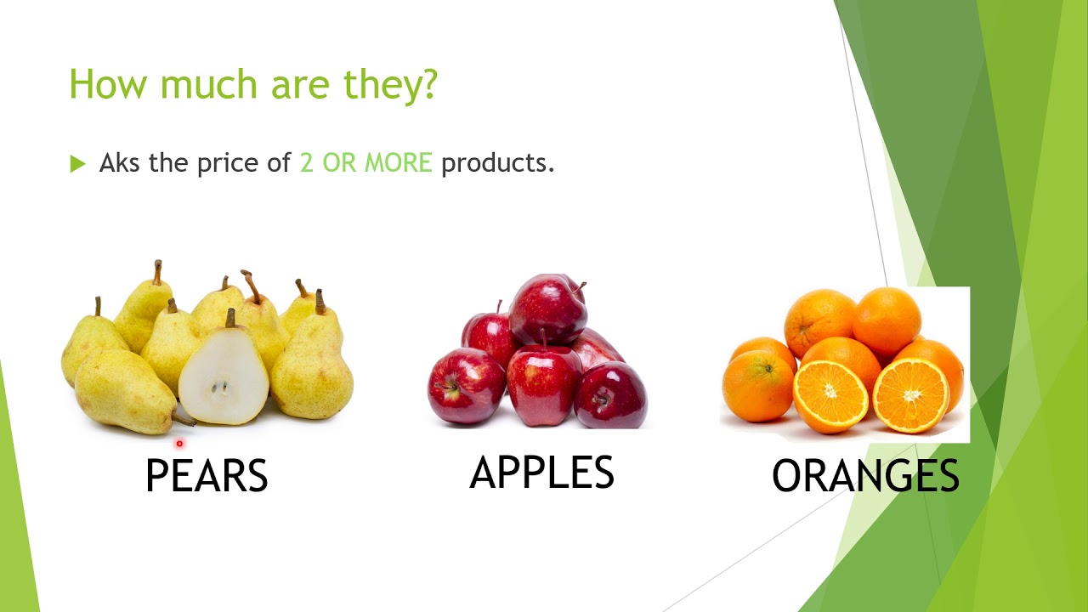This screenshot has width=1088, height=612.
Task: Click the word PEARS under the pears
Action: point(207,476)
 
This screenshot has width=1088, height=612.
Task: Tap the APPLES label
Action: point(541,473)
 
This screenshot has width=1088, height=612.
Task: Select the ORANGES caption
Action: point(865,476)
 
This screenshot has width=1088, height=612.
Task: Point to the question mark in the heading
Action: point(428,84)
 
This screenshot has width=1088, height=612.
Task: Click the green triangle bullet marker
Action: point(78,163)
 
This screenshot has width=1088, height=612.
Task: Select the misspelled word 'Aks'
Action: point(121,162)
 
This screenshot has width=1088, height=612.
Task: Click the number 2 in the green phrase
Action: point(307,162)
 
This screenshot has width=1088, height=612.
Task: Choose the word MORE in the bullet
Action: point(399,162)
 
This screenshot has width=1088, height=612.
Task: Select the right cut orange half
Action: point(910,394)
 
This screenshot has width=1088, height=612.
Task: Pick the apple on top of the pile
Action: point(548,307)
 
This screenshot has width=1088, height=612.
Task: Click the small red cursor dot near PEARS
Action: point(179,443)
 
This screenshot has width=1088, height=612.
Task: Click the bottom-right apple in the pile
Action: point(610,395)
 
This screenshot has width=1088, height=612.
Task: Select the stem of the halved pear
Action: point(229,318)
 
